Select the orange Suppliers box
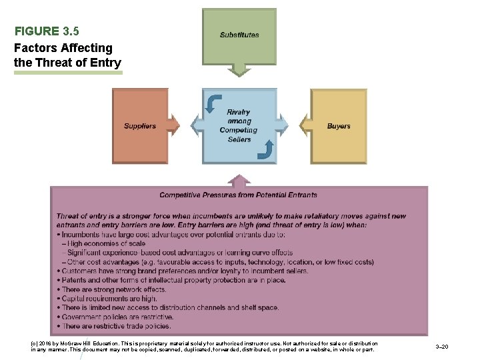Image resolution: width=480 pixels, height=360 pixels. (x=140, y=126)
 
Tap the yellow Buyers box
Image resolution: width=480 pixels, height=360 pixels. (x=339, y=126)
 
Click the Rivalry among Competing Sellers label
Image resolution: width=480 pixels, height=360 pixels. (x=239, y=126)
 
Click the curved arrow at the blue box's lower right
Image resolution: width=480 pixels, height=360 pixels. (x=265, y=151)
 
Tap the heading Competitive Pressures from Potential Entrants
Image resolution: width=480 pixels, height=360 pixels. (x=238, y=195)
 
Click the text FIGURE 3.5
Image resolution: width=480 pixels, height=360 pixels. (x=47, y=31)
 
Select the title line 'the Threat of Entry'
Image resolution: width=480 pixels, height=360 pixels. (x=67, y=63)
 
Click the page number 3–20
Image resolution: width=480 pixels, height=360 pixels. (x=441, y=347)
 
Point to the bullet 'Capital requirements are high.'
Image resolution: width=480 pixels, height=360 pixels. (x=109, y=299)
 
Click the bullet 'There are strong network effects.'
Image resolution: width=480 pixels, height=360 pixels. (x=114, y=290)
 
